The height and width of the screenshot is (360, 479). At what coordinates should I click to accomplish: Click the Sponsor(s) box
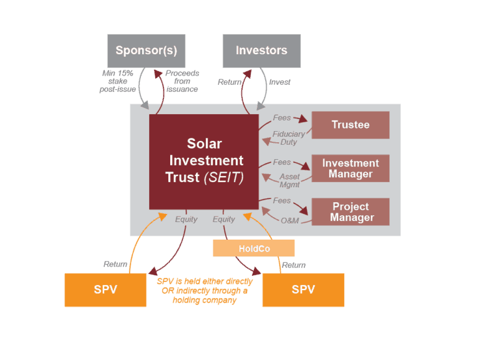147,51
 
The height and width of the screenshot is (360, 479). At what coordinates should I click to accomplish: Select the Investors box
261,51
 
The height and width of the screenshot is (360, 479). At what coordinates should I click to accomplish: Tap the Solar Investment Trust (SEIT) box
204,162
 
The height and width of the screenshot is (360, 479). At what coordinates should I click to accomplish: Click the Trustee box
351,125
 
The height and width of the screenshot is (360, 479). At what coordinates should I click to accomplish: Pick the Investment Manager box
351,168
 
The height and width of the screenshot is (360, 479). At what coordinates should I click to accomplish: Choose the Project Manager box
351,212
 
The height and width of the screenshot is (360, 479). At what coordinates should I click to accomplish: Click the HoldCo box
254,248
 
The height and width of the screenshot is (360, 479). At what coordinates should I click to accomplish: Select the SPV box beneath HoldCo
303,289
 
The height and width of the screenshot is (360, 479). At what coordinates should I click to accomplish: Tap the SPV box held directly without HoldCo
105,289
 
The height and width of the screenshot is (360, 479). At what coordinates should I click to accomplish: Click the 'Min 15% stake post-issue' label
118,81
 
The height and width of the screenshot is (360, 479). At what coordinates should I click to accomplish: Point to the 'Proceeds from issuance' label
182,81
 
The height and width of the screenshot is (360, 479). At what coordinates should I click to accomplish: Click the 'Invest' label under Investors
279,82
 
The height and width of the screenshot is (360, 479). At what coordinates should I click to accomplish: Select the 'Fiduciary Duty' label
289,138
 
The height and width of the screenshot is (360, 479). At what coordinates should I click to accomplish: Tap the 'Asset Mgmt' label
289,180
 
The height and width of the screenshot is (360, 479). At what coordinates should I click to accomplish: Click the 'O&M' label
290,221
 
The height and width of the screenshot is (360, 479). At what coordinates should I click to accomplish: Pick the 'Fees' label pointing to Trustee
282,118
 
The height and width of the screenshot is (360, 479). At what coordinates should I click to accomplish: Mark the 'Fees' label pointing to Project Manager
282,200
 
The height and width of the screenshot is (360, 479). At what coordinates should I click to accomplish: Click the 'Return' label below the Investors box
230,82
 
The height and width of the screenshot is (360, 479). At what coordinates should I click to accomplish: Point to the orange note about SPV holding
205,291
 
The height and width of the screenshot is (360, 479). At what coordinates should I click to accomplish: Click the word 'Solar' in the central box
205,144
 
